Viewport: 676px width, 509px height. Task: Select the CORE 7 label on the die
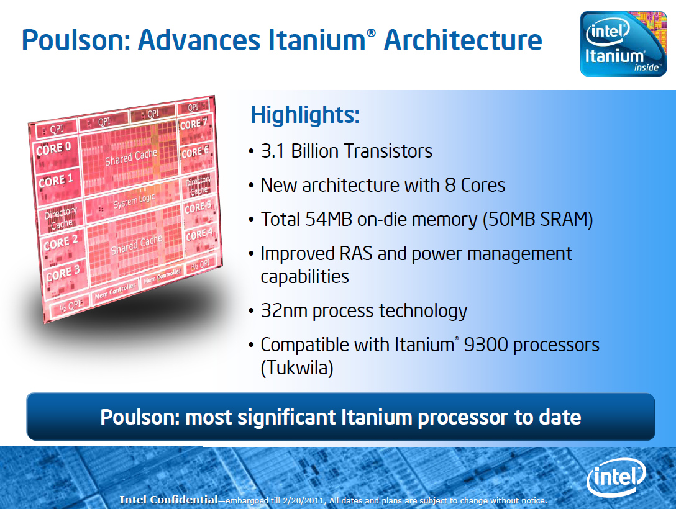coord(194,124)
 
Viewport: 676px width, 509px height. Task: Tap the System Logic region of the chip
coord(133,201)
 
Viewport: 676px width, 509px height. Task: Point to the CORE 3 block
coord(63,276)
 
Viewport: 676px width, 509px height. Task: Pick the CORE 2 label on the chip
coord(61,243)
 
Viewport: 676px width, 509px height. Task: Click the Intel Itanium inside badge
coord(623,44)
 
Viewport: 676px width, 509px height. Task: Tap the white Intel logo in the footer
coord(616,477)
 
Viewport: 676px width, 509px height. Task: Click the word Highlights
coord(305,115)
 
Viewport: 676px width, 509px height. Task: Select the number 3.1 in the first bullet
coord(273,151)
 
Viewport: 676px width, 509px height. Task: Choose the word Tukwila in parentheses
coord(297,367)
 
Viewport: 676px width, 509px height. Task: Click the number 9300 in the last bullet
coord(485,345)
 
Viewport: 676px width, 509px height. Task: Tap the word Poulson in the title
coord(73,40)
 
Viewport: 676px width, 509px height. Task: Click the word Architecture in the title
coord(463,40)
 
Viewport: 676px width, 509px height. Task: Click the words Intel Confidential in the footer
coord(168,500)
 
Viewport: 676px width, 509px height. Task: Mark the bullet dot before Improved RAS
coord(252,254)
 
